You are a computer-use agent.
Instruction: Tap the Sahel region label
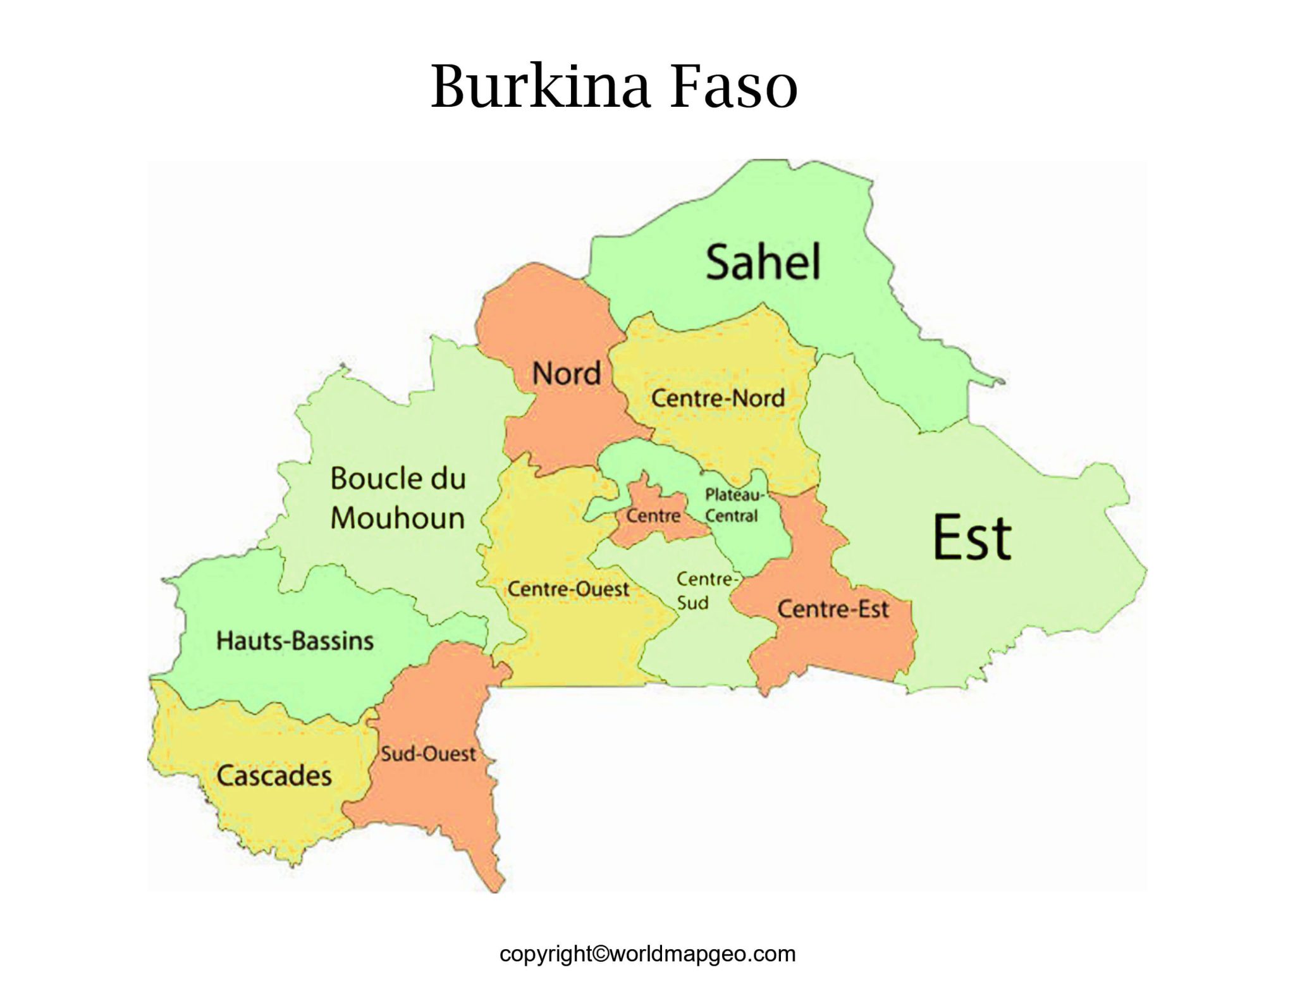(763, 262)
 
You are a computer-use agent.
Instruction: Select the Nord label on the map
(566, 373)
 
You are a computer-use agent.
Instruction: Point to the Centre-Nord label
(718, 398)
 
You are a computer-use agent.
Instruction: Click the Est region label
(972, 537)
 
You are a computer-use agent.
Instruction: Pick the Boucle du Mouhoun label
(398, 498)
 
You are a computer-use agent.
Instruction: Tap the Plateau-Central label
(733, 505)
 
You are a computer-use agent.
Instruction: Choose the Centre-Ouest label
(568, 589)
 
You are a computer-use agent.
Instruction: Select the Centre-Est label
(833, 609)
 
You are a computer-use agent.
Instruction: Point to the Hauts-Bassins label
(295, 641)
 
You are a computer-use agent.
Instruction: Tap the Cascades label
(274, 775)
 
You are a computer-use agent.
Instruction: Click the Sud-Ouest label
(428, 754)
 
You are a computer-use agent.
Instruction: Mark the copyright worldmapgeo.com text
(647, 954)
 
